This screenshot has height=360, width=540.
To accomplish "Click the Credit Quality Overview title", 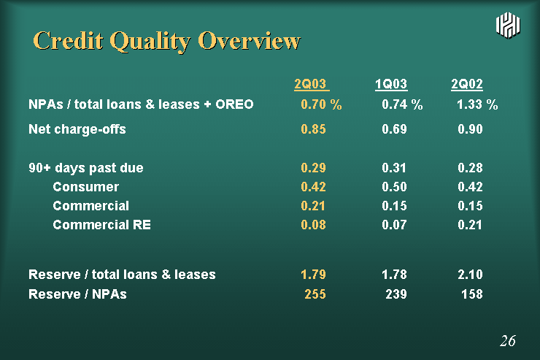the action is (x=166, y=42).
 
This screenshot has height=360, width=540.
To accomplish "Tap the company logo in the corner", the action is (x=508, y=25).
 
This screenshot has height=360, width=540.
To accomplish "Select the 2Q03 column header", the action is (x=312, y=84).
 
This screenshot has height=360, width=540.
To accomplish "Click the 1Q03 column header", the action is (x=391, y=84).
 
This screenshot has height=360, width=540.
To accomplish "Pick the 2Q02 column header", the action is (x=467, y=84).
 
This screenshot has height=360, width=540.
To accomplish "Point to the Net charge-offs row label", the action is (x=77, y=129).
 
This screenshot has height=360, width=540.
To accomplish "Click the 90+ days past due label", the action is (x=86, y=168).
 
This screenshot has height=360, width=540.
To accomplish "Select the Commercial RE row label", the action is (x=102, y=225).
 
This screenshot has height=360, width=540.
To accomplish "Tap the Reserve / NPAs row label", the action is (x=77, y=294).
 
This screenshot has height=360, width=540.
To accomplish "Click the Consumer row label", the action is (x=86, y=187).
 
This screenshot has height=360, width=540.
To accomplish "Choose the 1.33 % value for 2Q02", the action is (x=477, y=104).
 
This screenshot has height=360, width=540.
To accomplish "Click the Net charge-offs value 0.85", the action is (x=313, y=129).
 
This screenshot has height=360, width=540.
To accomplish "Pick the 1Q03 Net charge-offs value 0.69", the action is (x=394, y=129).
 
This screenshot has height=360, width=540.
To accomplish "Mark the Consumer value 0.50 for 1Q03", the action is (x=394, y=187).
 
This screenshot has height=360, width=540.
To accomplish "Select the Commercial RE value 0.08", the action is (x=313, y=225).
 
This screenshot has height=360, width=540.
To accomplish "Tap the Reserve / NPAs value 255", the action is (x=315, y=294).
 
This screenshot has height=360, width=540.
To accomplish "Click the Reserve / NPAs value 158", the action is (x=472, y=294).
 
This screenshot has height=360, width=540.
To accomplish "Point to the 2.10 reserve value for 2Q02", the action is (x=470, y=275).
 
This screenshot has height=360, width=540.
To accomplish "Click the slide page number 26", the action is (x=508, y=341).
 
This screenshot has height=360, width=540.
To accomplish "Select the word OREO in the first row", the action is (x=234, y=104).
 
